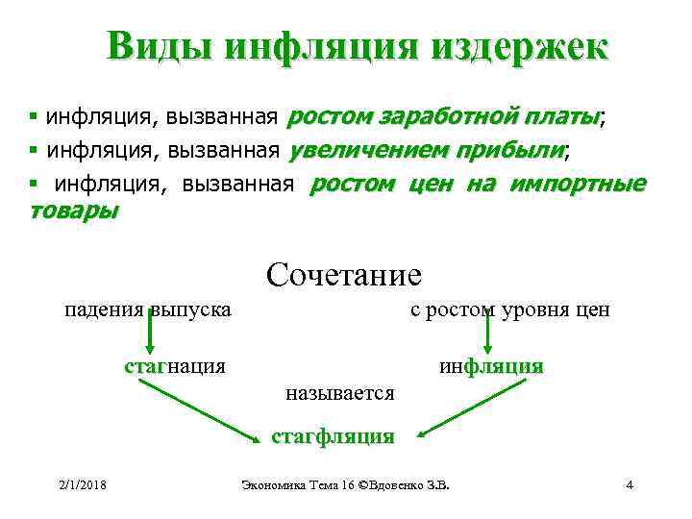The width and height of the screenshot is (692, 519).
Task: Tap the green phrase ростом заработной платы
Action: click(x=444, y=117)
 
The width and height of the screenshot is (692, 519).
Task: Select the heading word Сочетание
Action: click(x=344, y=275)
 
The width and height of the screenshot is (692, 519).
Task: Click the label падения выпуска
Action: click(x=147, y=310)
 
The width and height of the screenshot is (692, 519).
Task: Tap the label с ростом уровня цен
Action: click(x=509, y=310)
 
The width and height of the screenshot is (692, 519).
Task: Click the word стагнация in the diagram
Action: click(x=175, y=365)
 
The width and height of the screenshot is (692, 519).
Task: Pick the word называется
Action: click(x=340, y=392)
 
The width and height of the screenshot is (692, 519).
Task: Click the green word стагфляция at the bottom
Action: click(x=333, y=436)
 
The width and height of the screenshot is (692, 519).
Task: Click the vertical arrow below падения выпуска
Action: click(x=151, y=337)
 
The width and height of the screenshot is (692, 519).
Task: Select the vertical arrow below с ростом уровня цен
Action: click(x=487, y=337)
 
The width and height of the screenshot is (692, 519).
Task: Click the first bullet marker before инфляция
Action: click(x=34, y=118)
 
